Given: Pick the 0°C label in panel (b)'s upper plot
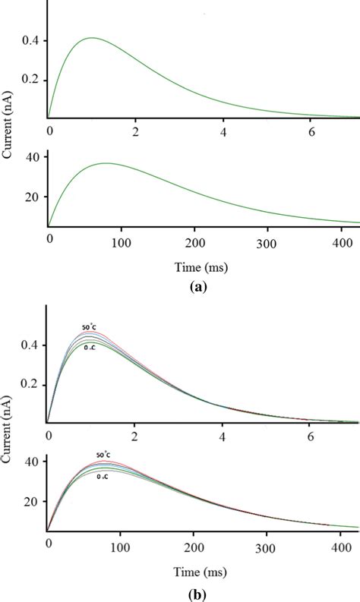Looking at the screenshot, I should (x=90, y=347).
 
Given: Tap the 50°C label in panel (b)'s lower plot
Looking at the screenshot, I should (x=105, y=455).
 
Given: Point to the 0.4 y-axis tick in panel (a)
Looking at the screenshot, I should (x=33, y=40).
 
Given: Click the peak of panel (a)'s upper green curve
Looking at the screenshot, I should (x=91, y=37).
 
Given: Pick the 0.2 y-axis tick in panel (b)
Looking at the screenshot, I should (x=33, y=385).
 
